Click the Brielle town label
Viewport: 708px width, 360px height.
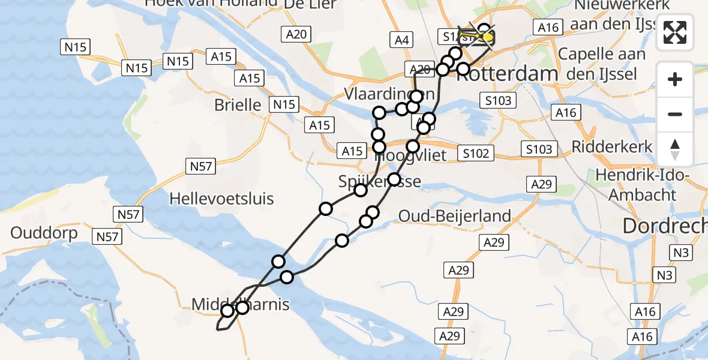238,105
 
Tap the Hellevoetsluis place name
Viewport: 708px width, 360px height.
221,199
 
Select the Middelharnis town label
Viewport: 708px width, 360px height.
240,305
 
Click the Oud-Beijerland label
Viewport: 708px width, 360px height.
455,216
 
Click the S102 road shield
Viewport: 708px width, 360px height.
477,153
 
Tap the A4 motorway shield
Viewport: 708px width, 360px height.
402,40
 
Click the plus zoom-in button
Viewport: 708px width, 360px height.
675,79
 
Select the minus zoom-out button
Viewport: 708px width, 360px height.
675,114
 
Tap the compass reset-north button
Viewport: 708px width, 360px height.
675,149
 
